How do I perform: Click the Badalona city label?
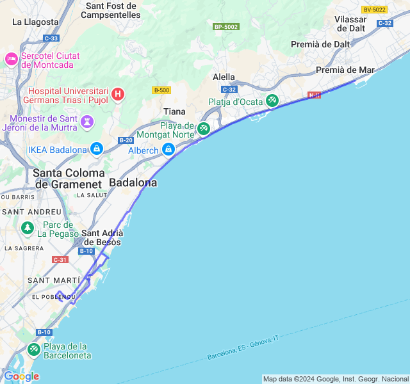133,182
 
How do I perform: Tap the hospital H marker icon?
117,95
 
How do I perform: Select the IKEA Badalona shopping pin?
96,148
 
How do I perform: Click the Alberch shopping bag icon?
168,149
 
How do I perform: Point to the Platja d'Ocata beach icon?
272,100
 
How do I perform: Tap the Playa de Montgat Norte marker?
203,129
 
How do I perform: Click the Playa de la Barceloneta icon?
33,349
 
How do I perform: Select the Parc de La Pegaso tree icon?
27,227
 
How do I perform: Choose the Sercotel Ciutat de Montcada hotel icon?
11,59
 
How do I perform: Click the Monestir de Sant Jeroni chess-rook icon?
88,120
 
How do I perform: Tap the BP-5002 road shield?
226,27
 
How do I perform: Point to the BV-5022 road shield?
375,10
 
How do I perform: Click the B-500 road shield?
161,90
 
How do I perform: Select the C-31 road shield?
60,259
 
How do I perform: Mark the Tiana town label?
175,111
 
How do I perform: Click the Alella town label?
224,77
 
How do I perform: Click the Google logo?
21,376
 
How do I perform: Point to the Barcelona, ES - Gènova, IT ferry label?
243,348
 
